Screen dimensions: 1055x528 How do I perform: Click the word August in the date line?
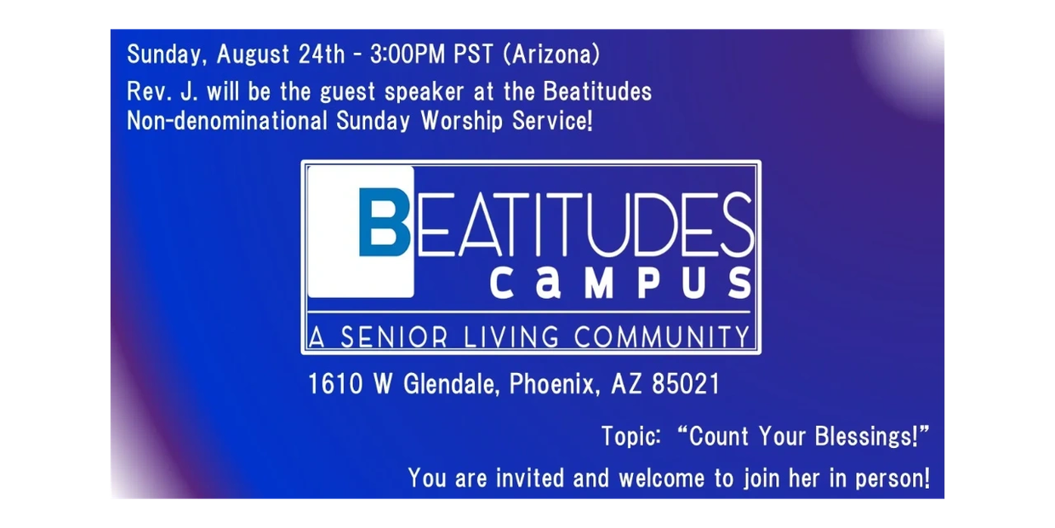[253, 55]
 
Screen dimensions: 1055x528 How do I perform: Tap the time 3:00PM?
[408, 54]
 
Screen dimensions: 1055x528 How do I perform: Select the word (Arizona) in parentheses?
[551, 55]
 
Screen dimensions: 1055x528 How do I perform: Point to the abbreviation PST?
[473, 54]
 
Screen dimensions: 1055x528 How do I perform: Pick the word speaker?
[425, 92]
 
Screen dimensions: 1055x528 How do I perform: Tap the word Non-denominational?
[227, 121]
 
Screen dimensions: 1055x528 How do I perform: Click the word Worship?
[461, 121]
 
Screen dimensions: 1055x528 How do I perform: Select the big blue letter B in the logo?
[384, 222]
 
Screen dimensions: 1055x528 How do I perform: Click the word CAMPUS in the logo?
[621, 283]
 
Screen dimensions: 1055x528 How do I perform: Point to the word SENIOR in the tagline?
[394, 337]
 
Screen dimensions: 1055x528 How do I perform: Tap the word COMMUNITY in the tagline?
[661, 337]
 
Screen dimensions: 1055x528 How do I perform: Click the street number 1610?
[335, 384]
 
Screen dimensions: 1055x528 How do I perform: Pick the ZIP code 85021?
[687, 384]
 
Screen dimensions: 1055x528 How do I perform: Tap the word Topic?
[631, 436]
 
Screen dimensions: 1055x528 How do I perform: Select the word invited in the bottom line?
[530, 478]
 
